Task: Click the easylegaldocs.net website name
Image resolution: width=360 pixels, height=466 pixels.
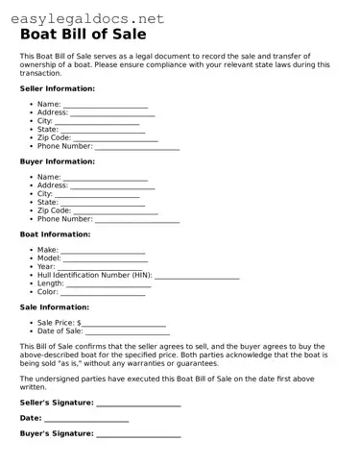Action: (x=84, y=18)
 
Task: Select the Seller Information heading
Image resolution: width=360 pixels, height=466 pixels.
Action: (x=57, y=88)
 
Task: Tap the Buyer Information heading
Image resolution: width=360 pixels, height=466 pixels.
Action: (x=57, y=161)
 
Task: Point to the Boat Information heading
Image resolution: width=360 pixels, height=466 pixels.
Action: (x=55, y=234)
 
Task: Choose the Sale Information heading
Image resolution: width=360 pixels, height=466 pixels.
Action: (x=54, y=307)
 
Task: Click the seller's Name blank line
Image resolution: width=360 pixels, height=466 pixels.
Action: (x=106, y=106)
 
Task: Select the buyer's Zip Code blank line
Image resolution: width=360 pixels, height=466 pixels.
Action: (x=116, y=212)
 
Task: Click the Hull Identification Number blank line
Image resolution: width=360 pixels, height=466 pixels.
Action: (x=197, y=277)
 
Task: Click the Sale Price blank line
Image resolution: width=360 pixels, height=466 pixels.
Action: (x=125, y=325)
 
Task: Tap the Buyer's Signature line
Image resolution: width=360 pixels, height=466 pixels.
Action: (x=138, y=435)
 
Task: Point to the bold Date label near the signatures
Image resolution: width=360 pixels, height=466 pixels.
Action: (x=30, y=419)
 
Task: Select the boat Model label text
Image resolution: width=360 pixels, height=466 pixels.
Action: (x=48, y=258)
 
